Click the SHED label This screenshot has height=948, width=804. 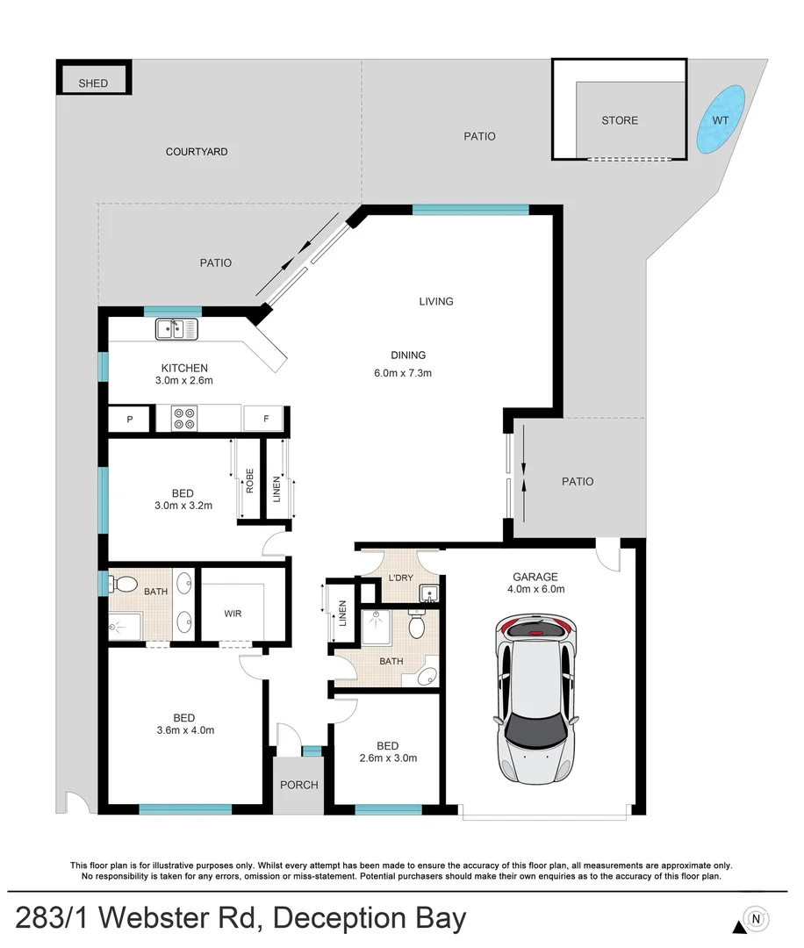[93, 83]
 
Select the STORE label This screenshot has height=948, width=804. [620, 120]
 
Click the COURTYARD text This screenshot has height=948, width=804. [197, 152]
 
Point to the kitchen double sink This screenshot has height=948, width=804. [177, 329]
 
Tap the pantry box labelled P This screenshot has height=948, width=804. [130, 420]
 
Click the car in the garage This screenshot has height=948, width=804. [536, 698]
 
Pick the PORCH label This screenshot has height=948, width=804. [299, 784]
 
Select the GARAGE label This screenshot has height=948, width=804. [535, 577]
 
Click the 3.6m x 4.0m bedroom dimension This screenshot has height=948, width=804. [184, 729]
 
